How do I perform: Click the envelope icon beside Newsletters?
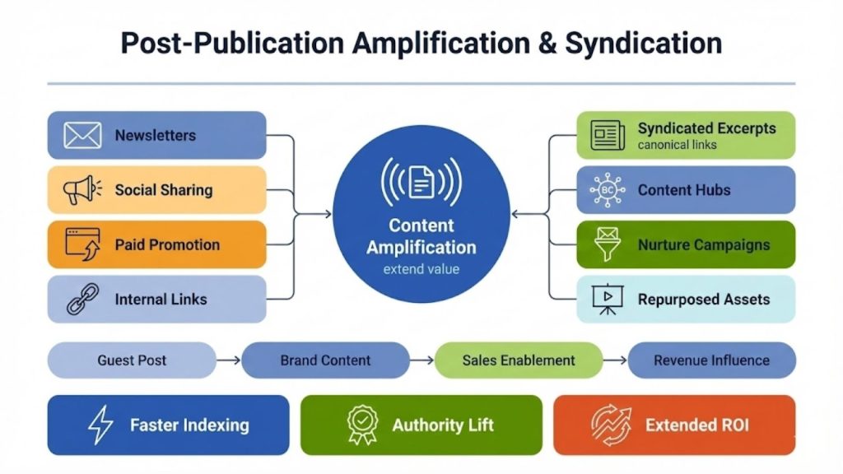(82, 135)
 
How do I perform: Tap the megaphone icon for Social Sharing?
(82, 190)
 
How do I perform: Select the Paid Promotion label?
(167, 244)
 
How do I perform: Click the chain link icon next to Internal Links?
(82, 299)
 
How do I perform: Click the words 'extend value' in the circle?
(421, 269)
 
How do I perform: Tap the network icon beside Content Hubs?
(608, 190)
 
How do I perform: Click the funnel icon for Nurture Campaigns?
(608, 245)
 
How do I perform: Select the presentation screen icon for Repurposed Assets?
(608, 299)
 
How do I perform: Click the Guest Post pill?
(132, 360)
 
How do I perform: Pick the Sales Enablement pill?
(518, 360)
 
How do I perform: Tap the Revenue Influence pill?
(711, 360)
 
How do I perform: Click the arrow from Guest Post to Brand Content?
(230, 360)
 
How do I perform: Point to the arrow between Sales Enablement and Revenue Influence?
(615, 360)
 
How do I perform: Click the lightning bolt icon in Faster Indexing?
(100, 425)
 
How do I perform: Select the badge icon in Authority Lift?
(361, 425)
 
